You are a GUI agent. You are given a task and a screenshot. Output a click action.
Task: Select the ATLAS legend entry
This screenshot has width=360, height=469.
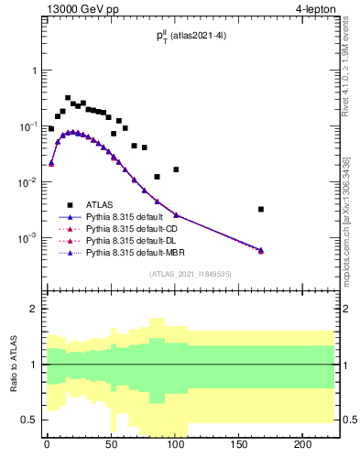pos(100,205)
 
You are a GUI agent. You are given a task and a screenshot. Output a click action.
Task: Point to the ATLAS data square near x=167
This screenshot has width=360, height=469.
pos(261,209)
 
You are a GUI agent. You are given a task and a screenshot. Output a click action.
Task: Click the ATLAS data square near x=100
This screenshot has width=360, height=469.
pos(176,169)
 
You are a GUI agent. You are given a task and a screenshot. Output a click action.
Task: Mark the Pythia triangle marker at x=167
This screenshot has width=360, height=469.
pos(261,249)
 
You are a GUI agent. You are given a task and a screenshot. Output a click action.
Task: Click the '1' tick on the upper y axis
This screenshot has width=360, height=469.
pos(33,71)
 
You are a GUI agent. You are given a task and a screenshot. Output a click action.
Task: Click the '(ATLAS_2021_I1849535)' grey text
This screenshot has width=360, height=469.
pos(190,273)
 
